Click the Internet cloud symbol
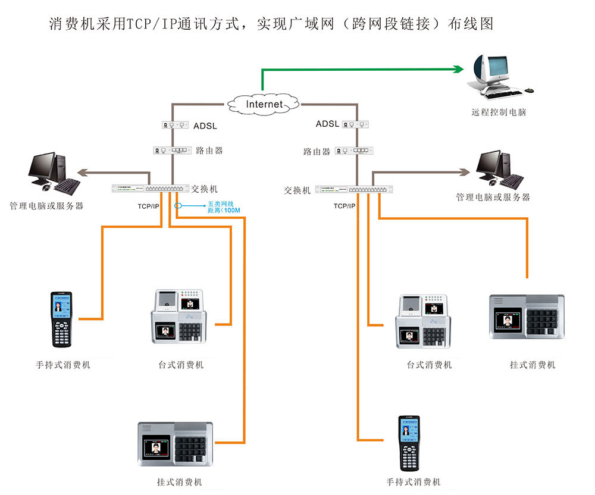point(264,104)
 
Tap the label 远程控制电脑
point(499,112)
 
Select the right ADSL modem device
point(357,124)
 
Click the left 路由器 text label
point(209,151)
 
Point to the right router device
point(355,151)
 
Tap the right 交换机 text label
point(297,190)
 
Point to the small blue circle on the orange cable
point(177,206)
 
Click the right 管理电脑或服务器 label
point(493,197)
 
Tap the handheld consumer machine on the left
point(61,319)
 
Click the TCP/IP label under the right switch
point(345,206)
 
